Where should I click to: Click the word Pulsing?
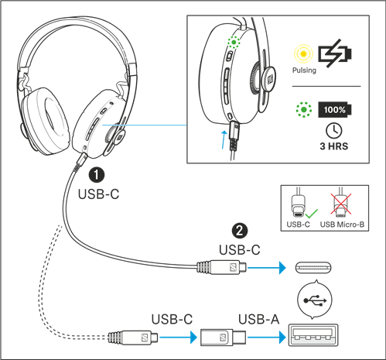(x=302, y=70)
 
